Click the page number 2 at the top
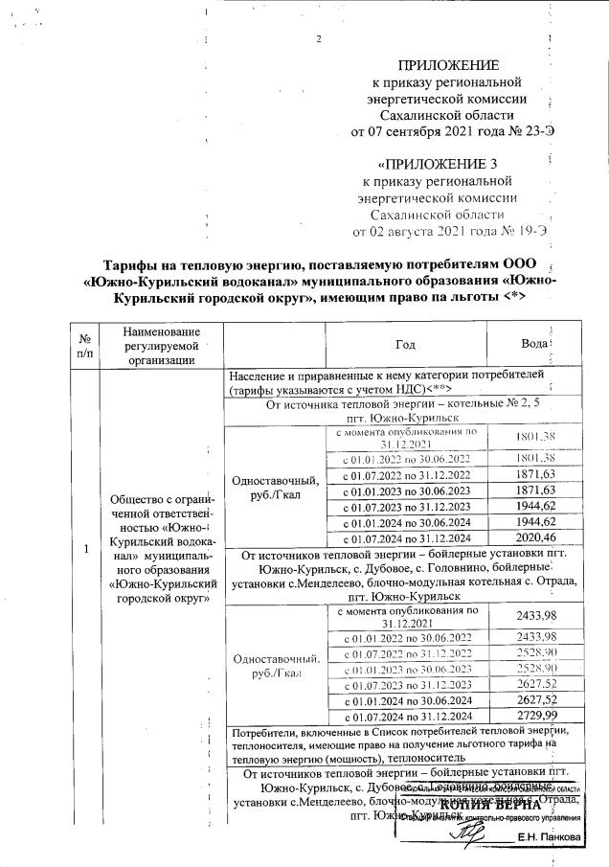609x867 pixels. coord(317,38)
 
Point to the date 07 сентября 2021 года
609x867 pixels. coord(425,131)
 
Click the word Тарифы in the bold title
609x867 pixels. coord(134,264)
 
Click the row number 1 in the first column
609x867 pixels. coord(86,548)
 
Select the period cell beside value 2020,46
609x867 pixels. coord(408,538)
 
